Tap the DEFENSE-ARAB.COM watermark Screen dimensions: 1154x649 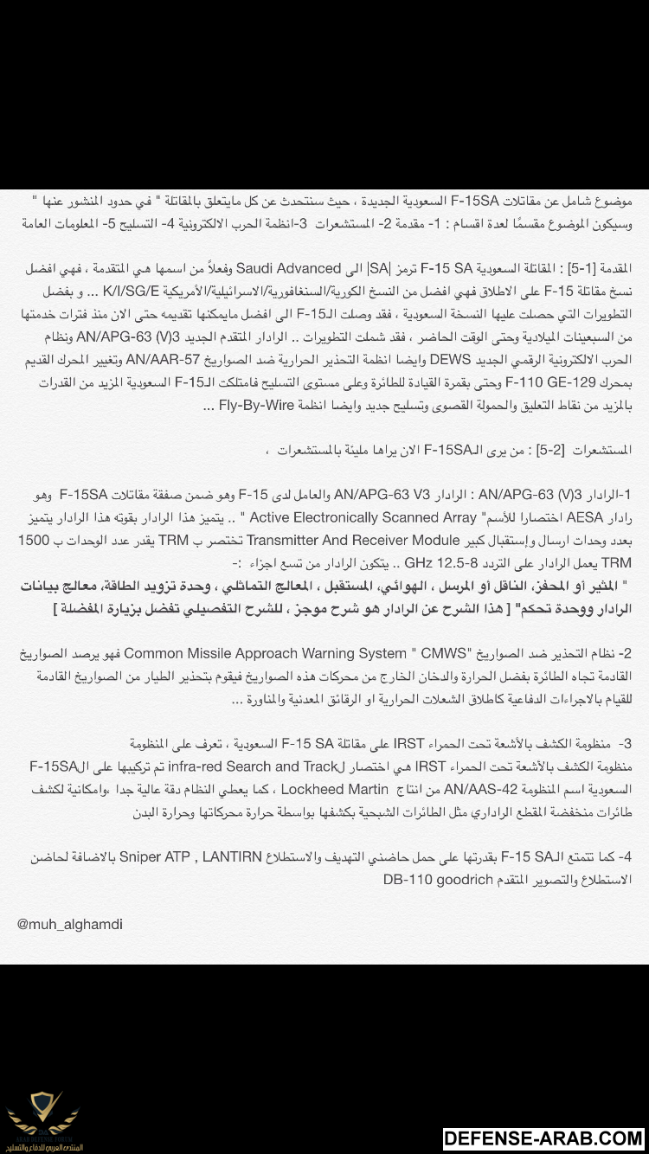(x=543, y=1138)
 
